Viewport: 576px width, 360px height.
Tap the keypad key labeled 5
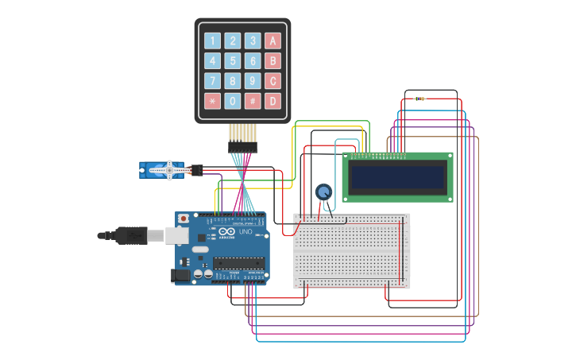click(233, 61)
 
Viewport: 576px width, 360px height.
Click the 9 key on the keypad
click(253, 81)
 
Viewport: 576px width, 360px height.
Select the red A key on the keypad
click(273, 41)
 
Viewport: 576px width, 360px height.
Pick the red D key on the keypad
click(273, 101)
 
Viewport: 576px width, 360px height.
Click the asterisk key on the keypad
click(212, 101)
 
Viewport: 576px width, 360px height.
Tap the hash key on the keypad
click(253, 101)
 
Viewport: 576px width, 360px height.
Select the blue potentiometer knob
click(323, 192)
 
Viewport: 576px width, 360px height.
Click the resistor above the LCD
click(419, 99)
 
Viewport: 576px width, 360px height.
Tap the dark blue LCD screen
click(397, 177)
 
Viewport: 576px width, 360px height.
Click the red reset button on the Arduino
click(184, 218)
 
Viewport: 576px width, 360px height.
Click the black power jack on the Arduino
click(181, 275)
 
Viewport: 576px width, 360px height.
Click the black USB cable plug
click(131, 235)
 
